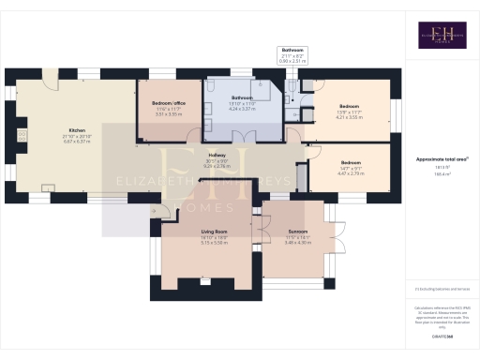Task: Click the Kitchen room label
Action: (x=78, y=130)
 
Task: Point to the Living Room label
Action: (x=215, y=231)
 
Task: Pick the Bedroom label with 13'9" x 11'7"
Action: (x=349, y=106)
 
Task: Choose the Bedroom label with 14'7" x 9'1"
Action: (x=349, y=162)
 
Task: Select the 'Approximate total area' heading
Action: (x=441, y=160)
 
